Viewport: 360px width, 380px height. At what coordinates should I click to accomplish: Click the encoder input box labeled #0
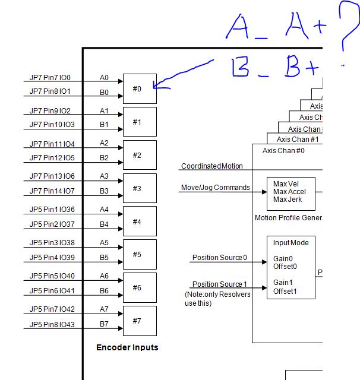[140, 88]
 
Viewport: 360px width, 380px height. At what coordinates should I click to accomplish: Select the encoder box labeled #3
[140, 188]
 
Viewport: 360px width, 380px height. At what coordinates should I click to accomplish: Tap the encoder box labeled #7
[140, 321]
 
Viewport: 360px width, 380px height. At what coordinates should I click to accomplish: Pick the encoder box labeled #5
[140, 254]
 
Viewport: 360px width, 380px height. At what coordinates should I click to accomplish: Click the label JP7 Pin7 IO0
[50, 78]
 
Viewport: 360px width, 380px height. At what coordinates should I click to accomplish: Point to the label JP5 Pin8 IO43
[52, 324]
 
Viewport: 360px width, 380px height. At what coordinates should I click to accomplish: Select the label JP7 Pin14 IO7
[52, 191]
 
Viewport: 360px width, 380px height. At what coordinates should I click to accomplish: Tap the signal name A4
[104, 210]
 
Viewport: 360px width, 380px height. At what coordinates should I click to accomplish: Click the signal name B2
[104, 157]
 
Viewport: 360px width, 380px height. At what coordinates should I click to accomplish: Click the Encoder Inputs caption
[127, 347]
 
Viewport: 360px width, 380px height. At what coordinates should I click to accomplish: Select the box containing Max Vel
[290, 191]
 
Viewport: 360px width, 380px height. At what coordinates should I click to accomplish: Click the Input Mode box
[290, 267]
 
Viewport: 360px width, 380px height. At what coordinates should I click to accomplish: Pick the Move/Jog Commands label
[215, 188]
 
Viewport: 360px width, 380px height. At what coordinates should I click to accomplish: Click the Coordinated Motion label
[211, 166]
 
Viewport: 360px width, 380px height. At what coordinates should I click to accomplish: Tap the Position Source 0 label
[219, 258]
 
